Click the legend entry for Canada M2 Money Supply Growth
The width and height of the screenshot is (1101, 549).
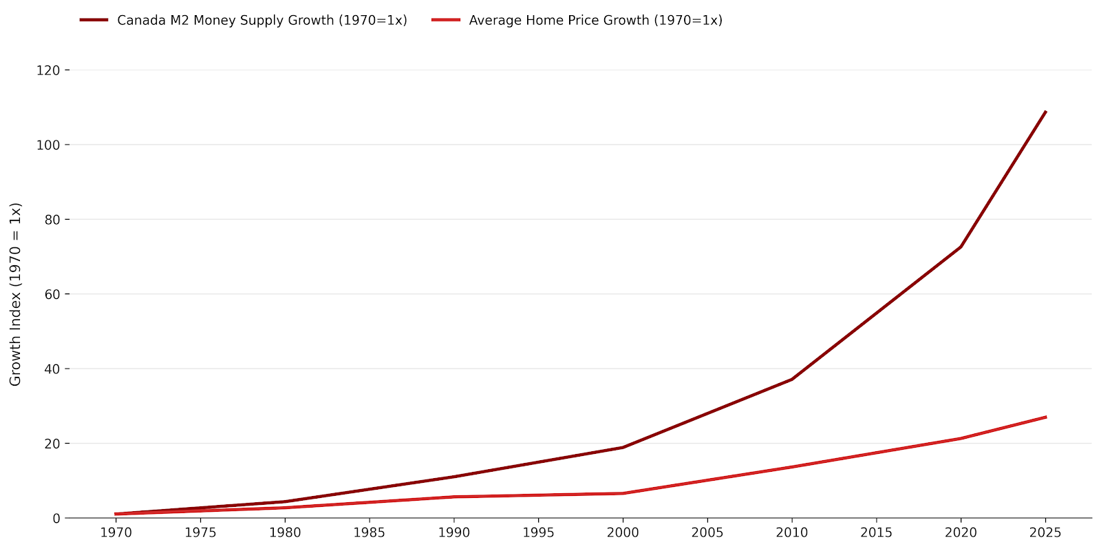[x=261, y=21]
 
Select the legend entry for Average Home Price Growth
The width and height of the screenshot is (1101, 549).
[x=595, y=21]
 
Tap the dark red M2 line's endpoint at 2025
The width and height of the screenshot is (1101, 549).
[x=1045, y=112]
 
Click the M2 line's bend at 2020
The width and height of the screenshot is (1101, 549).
[x=961, y=247]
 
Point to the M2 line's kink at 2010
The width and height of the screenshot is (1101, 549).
[x=792, y=379]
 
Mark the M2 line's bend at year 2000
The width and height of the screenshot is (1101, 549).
[x=623, y=447]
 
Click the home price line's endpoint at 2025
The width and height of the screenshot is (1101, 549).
[x=1045, y=417]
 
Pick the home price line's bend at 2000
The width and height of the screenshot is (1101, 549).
[x=623, y=493]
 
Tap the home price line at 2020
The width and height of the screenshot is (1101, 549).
[x=961, y=438]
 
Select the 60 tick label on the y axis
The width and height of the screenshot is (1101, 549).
[x=52, y=294]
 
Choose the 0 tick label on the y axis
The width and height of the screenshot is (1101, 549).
[x=56, y=518]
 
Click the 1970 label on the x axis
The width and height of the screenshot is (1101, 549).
[x=116, y=533]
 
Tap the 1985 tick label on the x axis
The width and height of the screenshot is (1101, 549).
[x=369, y=533]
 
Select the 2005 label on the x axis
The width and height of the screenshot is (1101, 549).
[x=707, y=533]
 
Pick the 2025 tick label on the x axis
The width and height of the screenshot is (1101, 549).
[x=1045, y=533]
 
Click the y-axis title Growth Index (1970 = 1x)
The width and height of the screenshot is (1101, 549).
[x=16, y=294]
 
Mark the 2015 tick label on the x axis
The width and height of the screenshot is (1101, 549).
[x=876, y=533]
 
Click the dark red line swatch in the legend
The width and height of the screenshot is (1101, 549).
[x=94, y=21]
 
